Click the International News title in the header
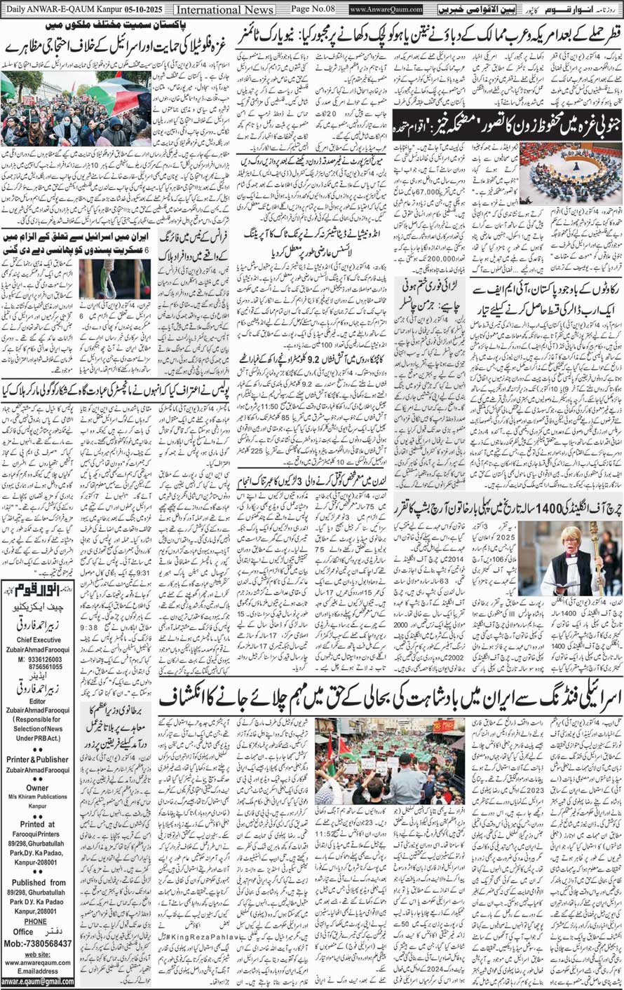point(224,10)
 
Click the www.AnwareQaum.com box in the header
point(386,10)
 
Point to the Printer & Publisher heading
point(37,759)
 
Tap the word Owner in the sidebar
point(37,788)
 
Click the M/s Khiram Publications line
point(37,797)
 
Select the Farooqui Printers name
point(37,834)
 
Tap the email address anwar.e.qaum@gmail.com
point(37,982)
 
